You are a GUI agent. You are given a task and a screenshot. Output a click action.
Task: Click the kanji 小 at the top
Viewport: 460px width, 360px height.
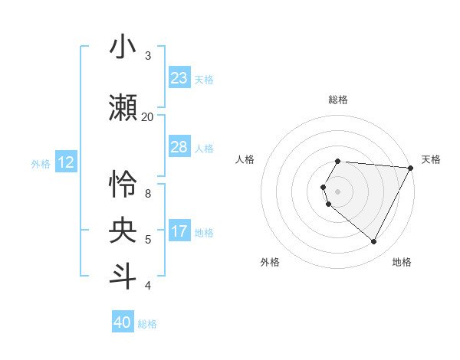coord(123,47)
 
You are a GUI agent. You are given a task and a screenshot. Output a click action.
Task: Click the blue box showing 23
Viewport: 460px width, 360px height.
coord(179,78)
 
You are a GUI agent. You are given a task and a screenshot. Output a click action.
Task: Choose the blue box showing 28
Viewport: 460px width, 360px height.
coord(179,147)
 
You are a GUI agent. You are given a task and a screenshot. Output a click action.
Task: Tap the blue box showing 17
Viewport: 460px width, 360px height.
coord(179,231)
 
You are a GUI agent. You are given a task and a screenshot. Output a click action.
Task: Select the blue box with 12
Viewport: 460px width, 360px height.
coord(66,162)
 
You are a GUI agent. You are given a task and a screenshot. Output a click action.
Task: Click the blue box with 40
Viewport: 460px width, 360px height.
coord(123,322)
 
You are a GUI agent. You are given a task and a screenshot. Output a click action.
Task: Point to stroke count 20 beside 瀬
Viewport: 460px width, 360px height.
coord(147,116)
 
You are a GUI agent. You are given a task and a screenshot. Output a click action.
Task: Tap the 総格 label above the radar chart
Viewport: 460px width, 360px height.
coord(338,100)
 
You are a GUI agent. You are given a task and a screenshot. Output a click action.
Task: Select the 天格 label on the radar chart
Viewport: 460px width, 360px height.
coord(431,159)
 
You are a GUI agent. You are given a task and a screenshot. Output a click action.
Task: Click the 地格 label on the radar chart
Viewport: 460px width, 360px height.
coord(402,262)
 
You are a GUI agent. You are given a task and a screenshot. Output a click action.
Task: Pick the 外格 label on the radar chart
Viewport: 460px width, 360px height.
coord(270,262)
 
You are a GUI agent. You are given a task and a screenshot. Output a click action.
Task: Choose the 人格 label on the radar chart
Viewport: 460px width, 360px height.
coord(245,159)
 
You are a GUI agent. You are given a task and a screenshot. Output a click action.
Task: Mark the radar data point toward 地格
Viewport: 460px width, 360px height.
coord(374,242)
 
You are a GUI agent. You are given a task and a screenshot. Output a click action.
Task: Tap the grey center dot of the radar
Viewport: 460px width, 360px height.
coord(338,191)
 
